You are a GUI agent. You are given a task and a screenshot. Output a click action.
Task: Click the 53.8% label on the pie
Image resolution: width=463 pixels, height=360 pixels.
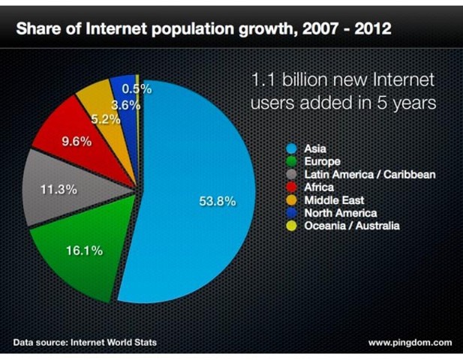pyautogui.click(x=218, y=201)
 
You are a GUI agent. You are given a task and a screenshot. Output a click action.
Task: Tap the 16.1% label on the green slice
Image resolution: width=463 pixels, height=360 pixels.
pyautogui.click(x=83, y=250)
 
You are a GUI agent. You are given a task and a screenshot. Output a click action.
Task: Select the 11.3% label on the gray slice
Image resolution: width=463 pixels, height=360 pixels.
pyautogui.click(x=59, y=189)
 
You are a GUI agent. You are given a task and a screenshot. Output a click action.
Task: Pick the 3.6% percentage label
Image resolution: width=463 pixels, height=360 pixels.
pyautogui.click(x=125, y=106)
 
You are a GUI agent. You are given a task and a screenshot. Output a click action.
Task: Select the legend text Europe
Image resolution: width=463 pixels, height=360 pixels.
pyautogui.click(x=323, y=161)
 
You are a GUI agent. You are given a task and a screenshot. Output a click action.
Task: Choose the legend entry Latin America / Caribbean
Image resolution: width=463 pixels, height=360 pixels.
pyautogui.click(x=370, y=174)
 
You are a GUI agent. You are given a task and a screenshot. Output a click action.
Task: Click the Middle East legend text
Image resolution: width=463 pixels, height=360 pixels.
pyautogui.click(x=335, y=200)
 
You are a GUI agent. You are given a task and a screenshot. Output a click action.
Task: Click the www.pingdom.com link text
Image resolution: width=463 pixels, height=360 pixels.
pyautogui.click(x=410, y=343)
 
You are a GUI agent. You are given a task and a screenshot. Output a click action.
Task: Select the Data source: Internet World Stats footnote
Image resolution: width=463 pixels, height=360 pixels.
pyautogui.click(x=86, y=343)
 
